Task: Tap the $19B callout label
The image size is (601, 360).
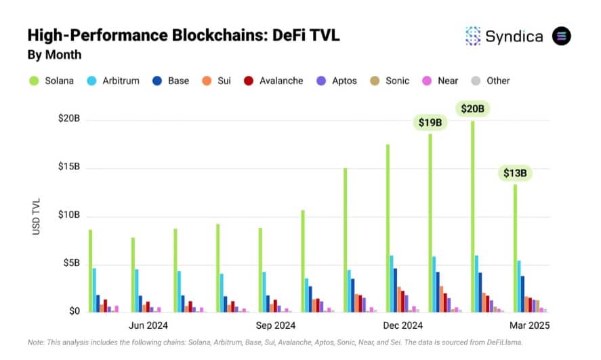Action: (x=430, y=123)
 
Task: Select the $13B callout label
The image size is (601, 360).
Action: (x=515, y=174)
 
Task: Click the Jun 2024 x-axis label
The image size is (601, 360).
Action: (x=148, y=325)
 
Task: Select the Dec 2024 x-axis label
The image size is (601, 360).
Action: (x=402, y=325)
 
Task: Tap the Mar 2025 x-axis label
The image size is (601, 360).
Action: (x=529, y=325)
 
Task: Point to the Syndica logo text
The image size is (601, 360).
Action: (x=514, y=37)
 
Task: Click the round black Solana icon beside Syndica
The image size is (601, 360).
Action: (x=562, y=36)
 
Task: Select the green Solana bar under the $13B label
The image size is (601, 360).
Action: (x=515, y=248)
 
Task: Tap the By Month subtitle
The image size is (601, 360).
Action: (x=54, y=54)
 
